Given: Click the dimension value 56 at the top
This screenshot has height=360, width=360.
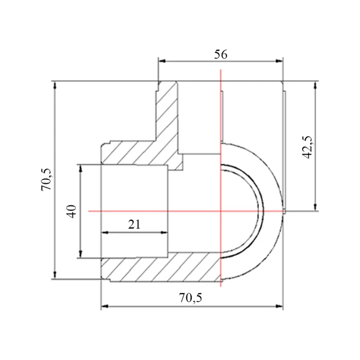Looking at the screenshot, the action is tap(221, 55).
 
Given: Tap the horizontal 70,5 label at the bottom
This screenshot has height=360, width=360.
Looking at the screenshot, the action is tap(190, 298).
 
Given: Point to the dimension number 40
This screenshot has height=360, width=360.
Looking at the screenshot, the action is tap(72, 211).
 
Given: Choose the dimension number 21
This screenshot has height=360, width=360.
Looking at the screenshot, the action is tap(134, 224).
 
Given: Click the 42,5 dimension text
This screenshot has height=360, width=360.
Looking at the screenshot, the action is tap(307, 147).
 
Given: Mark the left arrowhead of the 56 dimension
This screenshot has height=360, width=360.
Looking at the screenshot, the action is tap(162, 61).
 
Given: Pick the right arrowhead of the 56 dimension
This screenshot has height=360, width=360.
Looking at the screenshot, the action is tap(280, 61).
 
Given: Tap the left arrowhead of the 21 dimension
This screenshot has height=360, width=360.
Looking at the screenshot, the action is tap(105, 232).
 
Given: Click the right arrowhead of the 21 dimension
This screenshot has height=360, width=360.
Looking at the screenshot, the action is tap(164, 232).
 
